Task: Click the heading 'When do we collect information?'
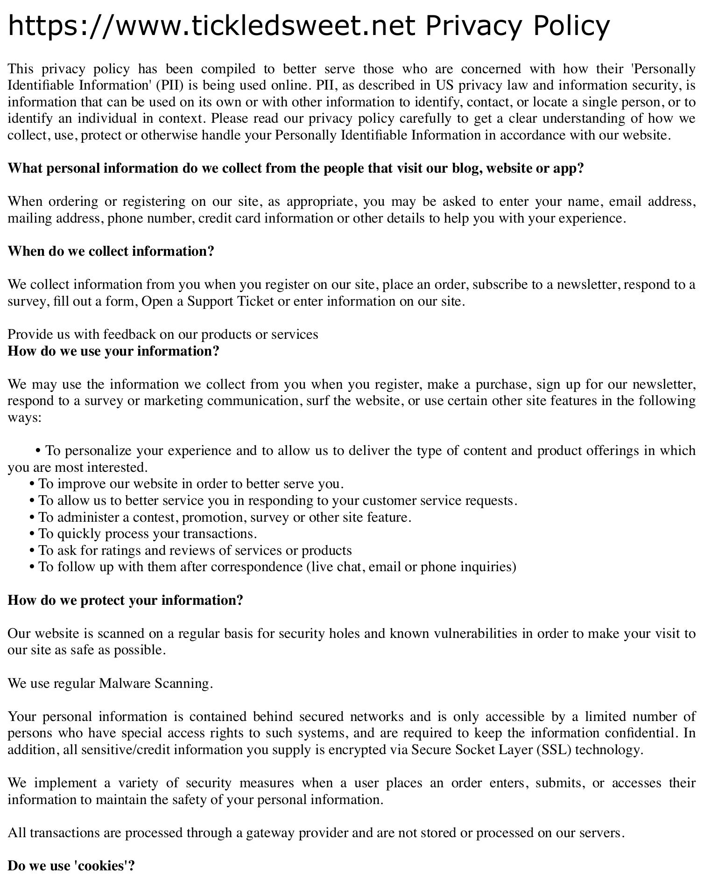pyautogui.click(x=111, y=252)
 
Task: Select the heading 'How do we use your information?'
pyautogui.click(x=113, y=351)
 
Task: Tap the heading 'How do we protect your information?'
pyautogui.click(x=125, y=600)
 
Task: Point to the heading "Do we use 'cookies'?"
pyautogui.click(x=71, y=866)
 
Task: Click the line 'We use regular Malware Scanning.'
pyautogui.click(x=110, y=683)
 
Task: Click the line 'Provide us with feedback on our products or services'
pyautogui.click(x=162, y=335)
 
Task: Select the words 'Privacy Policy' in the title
pyautogui.click(x=517, y=26)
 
